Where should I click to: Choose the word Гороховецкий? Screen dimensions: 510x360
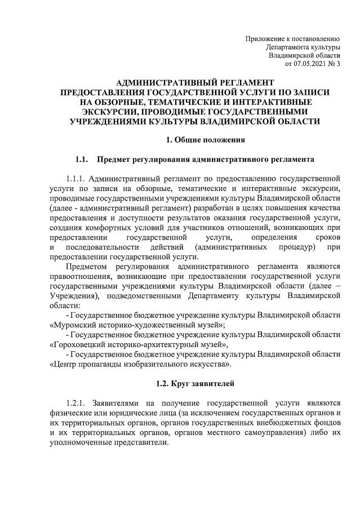(x=82, y=344)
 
